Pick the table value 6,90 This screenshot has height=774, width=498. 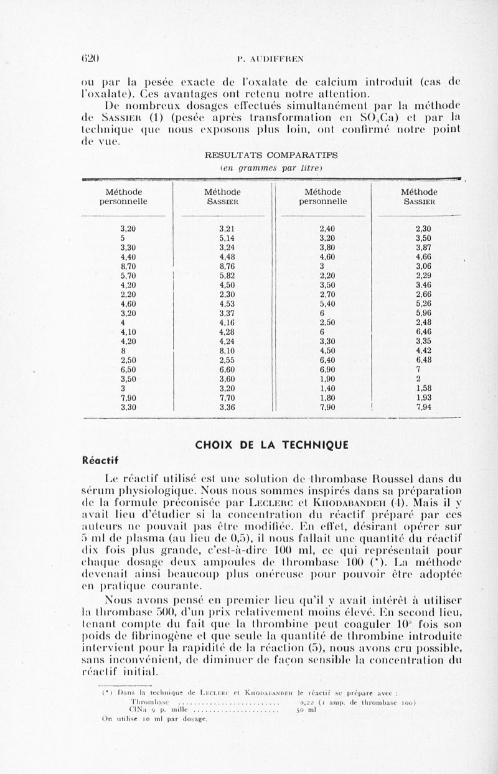click(323, 369)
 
